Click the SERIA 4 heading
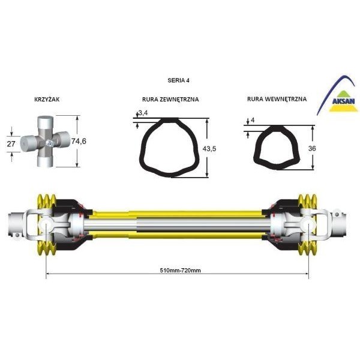(178, 80)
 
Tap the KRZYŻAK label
(47, 99)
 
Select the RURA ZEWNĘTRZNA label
(170, 99)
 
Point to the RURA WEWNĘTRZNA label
(277, 99)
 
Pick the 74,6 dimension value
(79, 141)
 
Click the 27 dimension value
(11, 144)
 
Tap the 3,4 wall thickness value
(143, 113)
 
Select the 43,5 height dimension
(209, 149)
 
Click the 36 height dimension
(312, 148)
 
